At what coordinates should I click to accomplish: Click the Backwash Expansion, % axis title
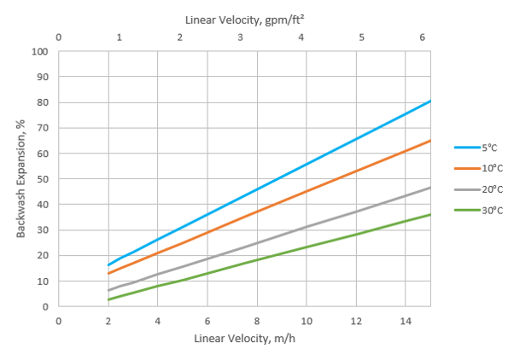[x=20, y=178]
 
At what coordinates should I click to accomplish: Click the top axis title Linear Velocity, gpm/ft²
[x=243, y=17]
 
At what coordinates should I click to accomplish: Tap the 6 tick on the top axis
[x=422, y=38]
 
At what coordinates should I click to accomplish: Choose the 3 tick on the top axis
[x=240, y=38]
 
